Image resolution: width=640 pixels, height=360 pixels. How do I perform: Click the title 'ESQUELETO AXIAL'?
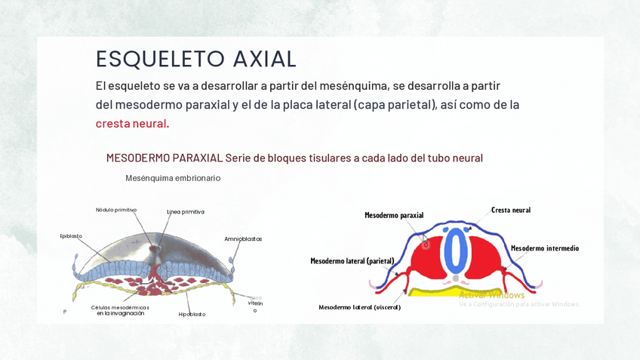(x=196, y=59)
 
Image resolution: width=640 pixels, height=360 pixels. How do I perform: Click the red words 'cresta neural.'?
(x=132, y=123)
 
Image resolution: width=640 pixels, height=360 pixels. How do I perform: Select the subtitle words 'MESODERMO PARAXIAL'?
(x=165, y=158)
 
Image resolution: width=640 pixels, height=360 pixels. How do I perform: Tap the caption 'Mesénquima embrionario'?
(x=173, y=178)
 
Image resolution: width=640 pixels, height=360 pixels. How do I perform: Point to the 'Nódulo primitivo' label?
(x=116, y=210)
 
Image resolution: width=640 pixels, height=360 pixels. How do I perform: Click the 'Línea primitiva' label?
(x=186, y=212)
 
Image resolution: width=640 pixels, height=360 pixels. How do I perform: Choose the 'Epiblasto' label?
(x=71, y=236)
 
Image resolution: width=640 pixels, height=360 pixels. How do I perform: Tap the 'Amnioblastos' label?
(x=243, y=239)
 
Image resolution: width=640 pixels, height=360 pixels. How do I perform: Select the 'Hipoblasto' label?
(x=192, y=314)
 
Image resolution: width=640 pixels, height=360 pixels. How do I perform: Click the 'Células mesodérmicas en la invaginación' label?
(x=120, y=310)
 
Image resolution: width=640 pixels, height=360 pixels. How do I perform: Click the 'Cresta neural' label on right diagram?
(x=511, y=210)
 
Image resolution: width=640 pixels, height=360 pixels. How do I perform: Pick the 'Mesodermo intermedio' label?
(x=545, y=248)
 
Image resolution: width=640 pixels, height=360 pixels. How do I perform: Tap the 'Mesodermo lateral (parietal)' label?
(x=352, y=261)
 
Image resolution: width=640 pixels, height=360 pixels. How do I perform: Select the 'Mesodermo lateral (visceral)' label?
(x=359, y=307)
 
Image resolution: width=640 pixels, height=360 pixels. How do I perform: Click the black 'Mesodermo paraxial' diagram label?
(x=394, y=215)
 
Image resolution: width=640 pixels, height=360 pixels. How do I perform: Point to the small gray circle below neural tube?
(x=455, y=278)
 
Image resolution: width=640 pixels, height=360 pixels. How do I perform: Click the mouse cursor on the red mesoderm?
(x=425, y=239)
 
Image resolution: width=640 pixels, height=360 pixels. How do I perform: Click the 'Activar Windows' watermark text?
(x=491, y=294)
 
